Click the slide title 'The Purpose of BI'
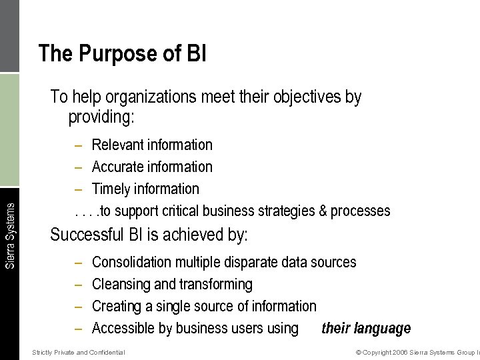[122, 53]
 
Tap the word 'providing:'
[101, 118]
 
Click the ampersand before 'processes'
[323, 211]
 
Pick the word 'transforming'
[215, 285]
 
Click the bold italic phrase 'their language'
[366, 329]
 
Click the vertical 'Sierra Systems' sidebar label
[10, 235]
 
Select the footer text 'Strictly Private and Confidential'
[79, 352]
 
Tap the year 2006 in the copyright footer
[400, 352]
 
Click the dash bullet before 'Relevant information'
[79, 145]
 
